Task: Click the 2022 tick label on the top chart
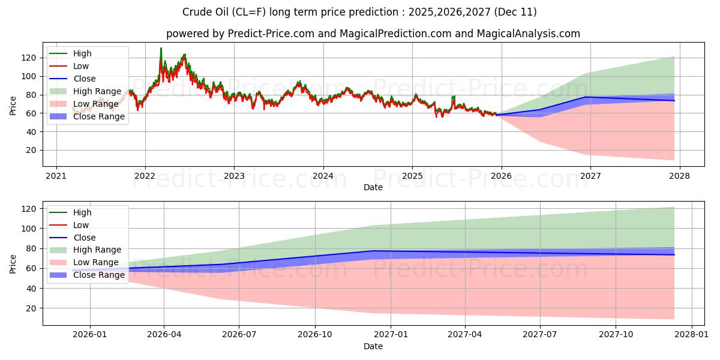click(x=145, y=176)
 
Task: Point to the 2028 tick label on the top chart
click(x=679, y=176)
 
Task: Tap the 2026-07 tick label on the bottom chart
click(x=239, y=334)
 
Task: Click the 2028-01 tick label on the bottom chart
click(x=692, y=334)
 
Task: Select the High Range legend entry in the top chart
click(x=98, y=91)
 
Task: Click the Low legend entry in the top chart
click(x=82, y=66)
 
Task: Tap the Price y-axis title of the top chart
click(x=13, y=105)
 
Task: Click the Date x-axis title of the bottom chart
click(x=373, y=346)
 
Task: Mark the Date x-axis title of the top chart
click(x=373, y=188)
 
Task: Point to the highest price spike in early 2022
click(x=161, y=48)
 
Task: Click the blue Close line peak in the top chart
click(x=586, y=97)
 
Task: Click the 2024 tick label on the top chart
click(x=323, y=176)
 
